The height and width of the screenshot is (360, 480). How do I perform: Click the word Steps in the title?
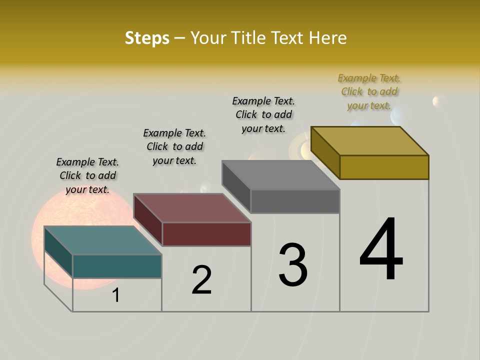coord(147,38)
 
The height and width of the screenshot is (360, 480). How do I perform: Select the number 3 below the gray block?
coord(293,264)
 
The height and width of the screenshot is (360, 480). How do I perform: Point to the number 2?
coord(202,280)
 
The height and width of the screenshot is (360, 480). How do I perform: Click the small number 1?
coord(116,295)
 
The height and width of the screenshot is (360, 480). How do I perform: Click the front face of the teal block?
coord(117,266)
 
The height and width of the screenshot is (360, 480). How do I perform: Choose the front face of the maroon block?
coord(206,234)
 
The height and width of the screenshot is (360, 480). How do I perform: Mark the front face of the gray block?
coord(295,201)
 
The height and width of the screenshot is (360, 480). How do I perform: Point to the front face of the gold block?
coord(384,167)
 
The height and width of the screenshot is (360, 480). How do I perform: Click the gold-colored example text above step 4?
coord(369,92)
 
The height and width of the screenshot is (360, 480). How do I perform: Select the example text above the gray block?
coord(263,114)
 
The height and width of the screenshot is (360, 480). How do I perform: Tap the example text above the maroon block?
coord(174,146)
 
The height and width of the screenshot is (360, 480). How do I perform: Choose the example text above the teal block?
coord(87,175)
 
